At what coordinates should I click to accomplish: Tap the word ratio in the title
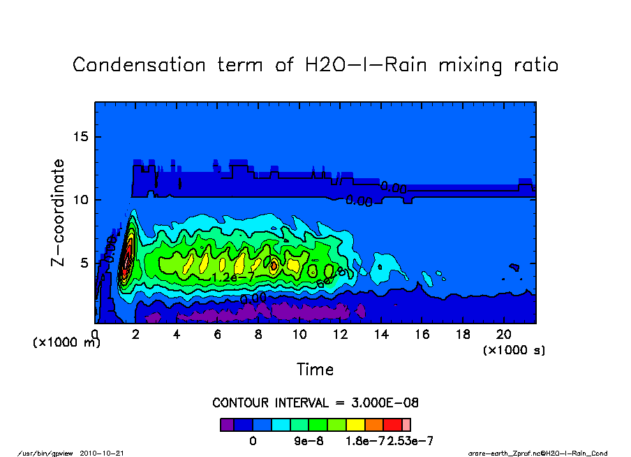[x=533, y=66]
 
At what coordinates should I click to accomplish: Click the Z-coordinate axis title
[x=59, y=212]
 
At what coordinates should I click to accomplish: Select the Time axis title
[x=315, y=369]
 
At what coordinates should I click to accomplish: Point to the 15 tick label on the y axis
[x=82, y=137]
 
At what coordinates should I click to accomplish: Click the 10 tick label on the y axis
[x=82, y=200]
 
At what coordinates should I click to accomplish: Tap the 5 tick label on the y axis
[x=85, y=263]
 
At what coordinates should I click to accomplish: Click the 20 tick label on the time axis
[x=505, y=335]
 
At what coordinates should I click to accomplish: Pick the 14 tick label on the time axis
[x=382, y=335]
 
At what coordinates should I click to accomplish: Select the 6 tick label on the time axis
[x=218, y=335]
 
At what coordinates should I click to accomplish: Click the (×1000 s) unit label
[x=514, y=349]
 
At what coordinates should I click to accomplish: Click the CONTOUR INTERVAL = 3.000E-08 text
[x=315, y=403]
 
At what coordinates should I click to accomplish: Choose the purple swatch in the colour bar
[x=227, y=424]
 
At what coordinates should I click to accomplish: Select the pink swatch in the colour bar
[x=406, y=424]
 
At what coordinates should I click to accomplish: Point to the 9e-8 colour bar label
[x=307, y=441]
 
